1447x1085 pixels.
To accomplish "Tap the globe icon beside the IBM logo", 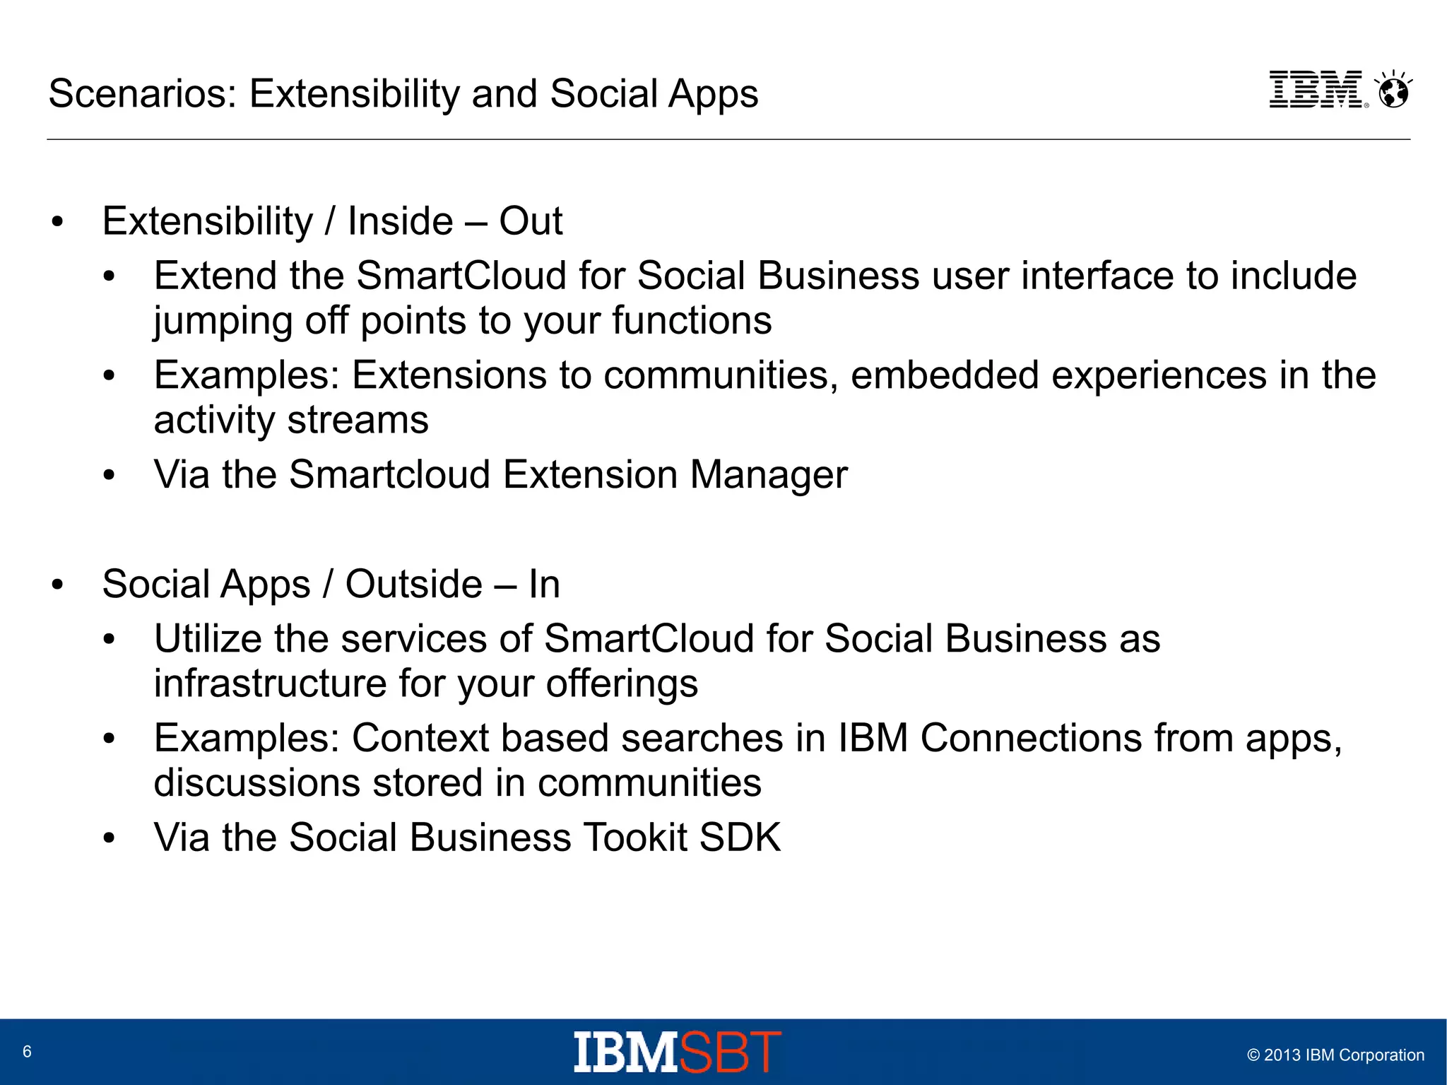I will [x=1393, y=90].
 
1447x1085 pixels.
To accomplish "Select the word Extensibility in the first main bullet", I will [x=207, y=221].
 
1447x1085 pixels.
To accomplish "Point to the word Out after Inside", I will [x=531, y=221].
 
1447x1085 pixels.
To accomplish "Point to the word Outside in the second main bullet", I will [x=413, y=585].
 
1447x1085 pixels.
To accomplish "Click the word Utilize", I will [x=208, y=639].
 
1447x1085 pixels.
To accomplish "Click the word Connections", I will [x=1031, y=739].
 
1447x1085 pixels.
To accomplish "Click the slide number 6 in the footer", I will [x=27, y=1052].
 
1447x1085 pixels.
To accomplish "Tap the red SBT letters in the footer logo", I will [x=731, y=1052].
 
